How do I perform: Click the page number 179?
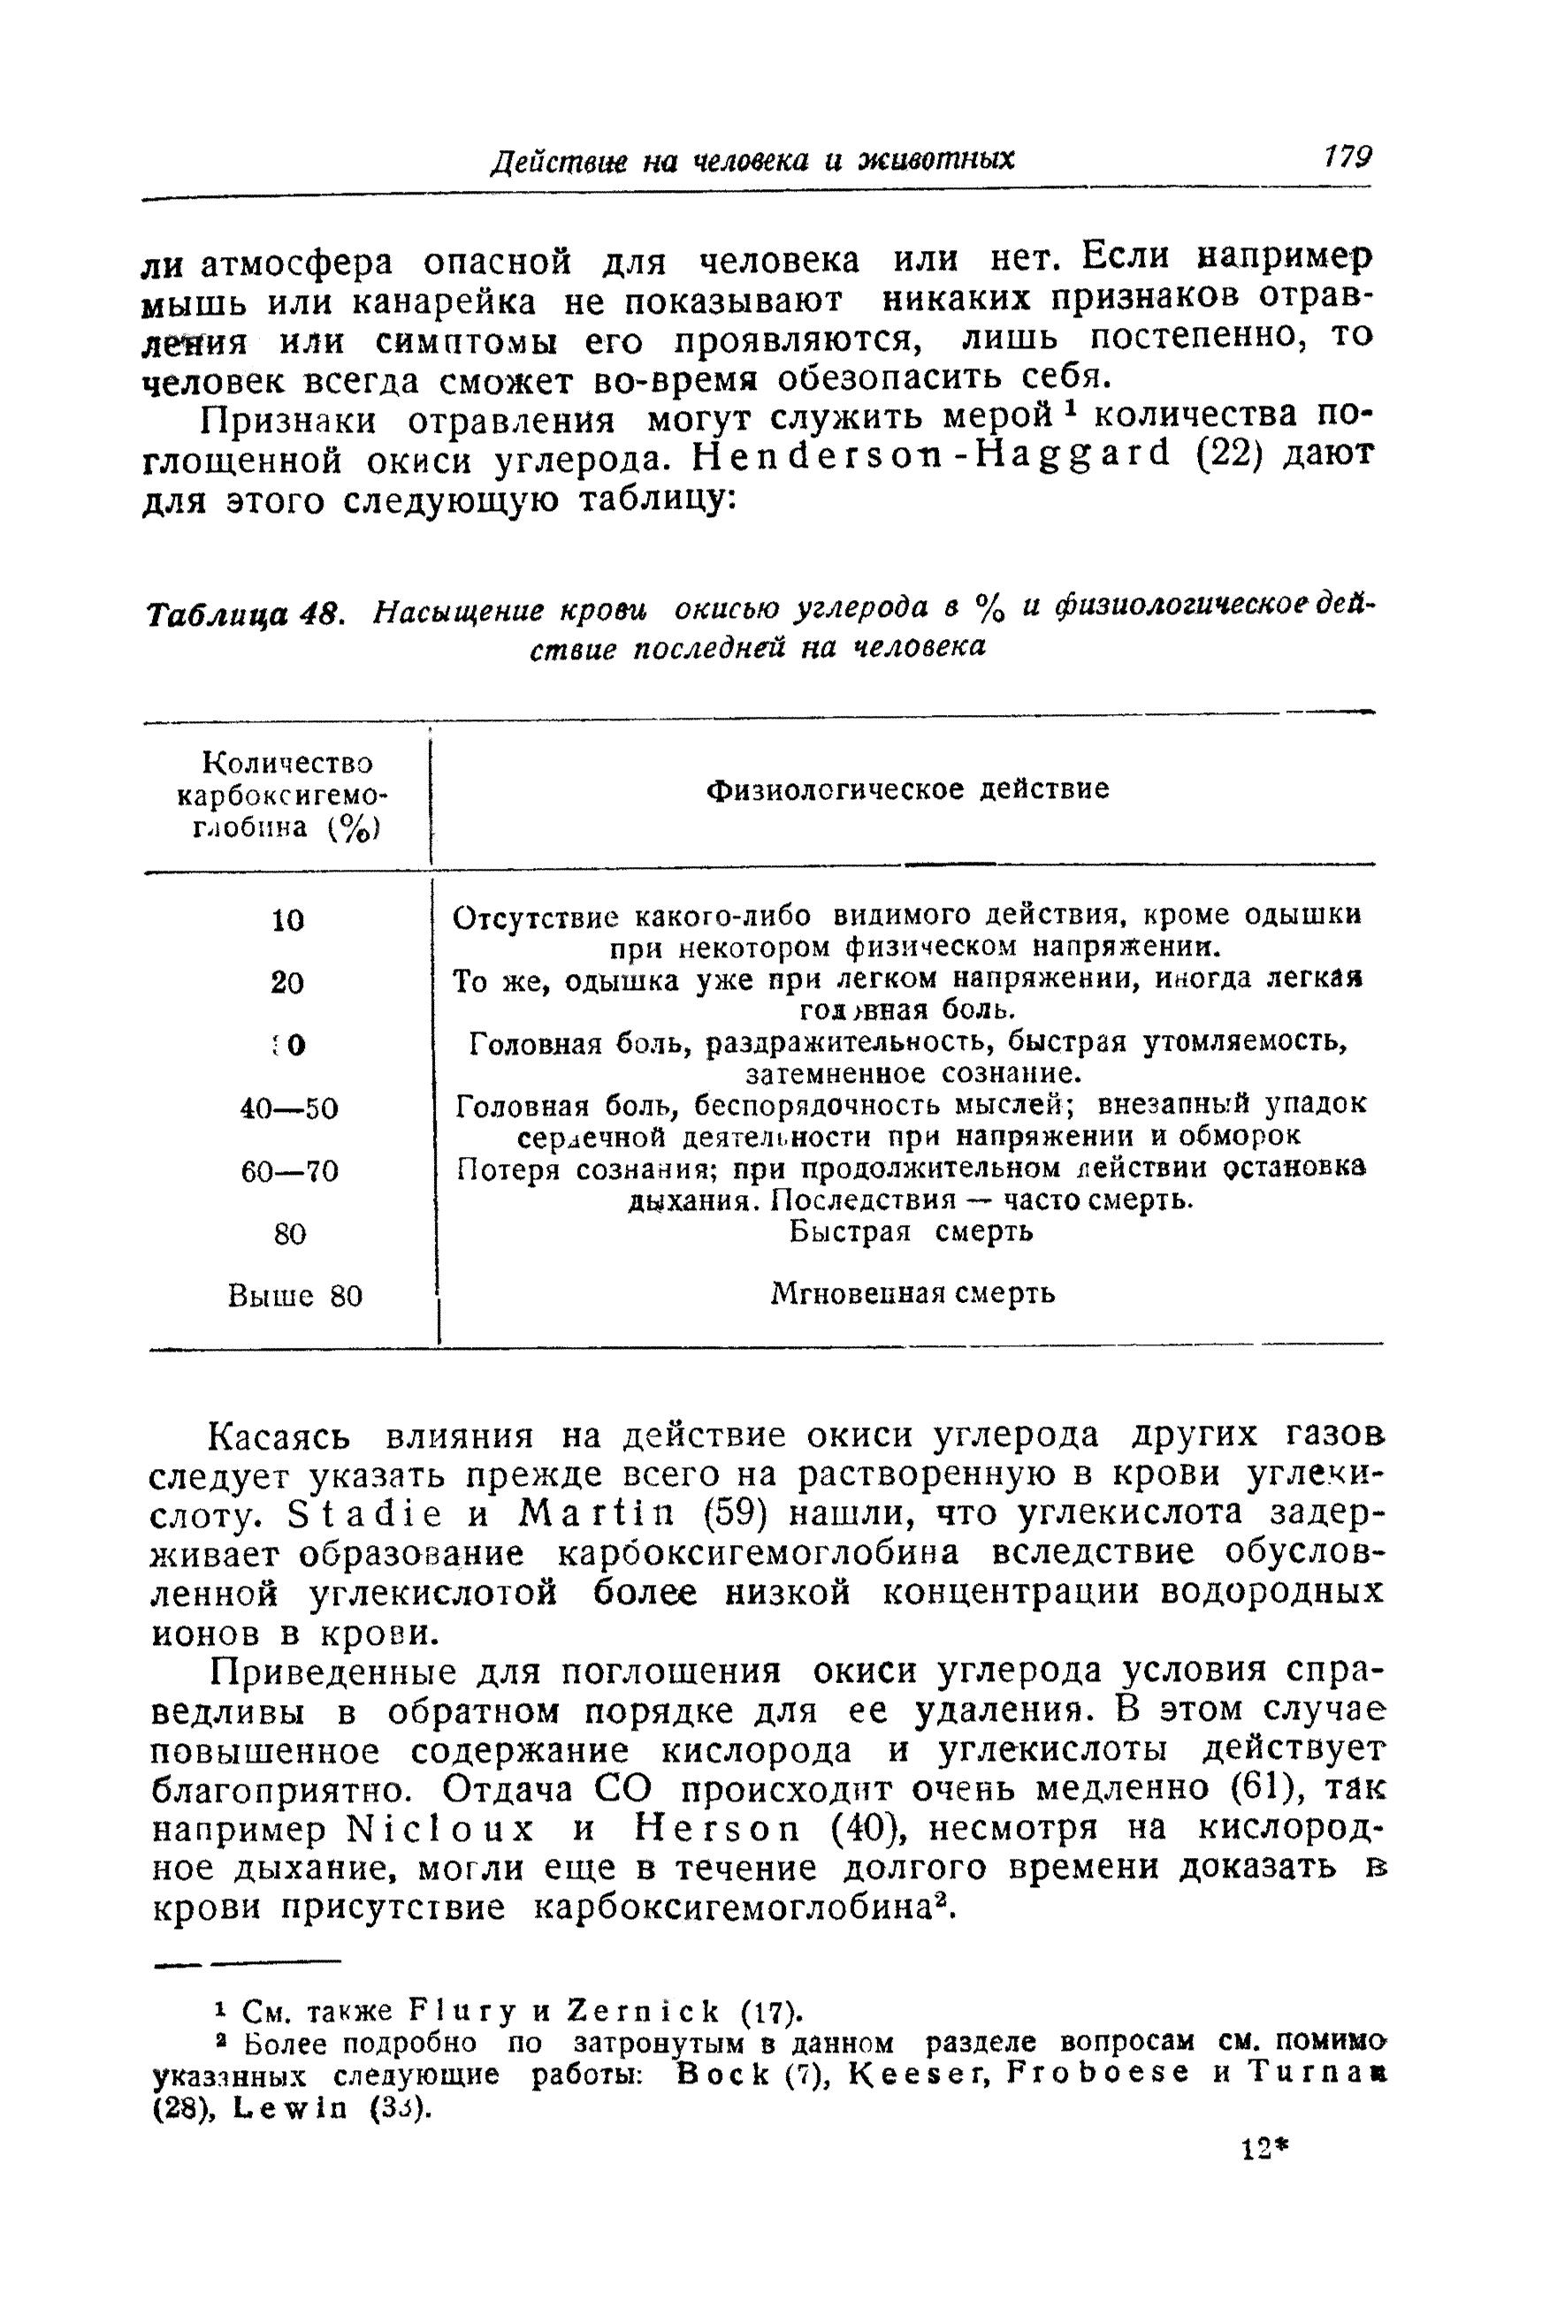1347,157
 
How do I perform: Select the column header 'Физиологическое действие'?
907,790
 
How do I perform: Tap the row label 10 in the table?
288,920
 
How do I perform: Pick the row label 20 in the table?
288,983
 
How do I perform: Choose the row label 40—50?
289,1108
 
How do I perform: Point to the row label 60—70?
289,1170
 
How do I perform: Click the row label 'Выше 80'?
294,1296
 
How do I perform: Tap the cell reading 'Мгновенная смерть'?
913,1294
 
